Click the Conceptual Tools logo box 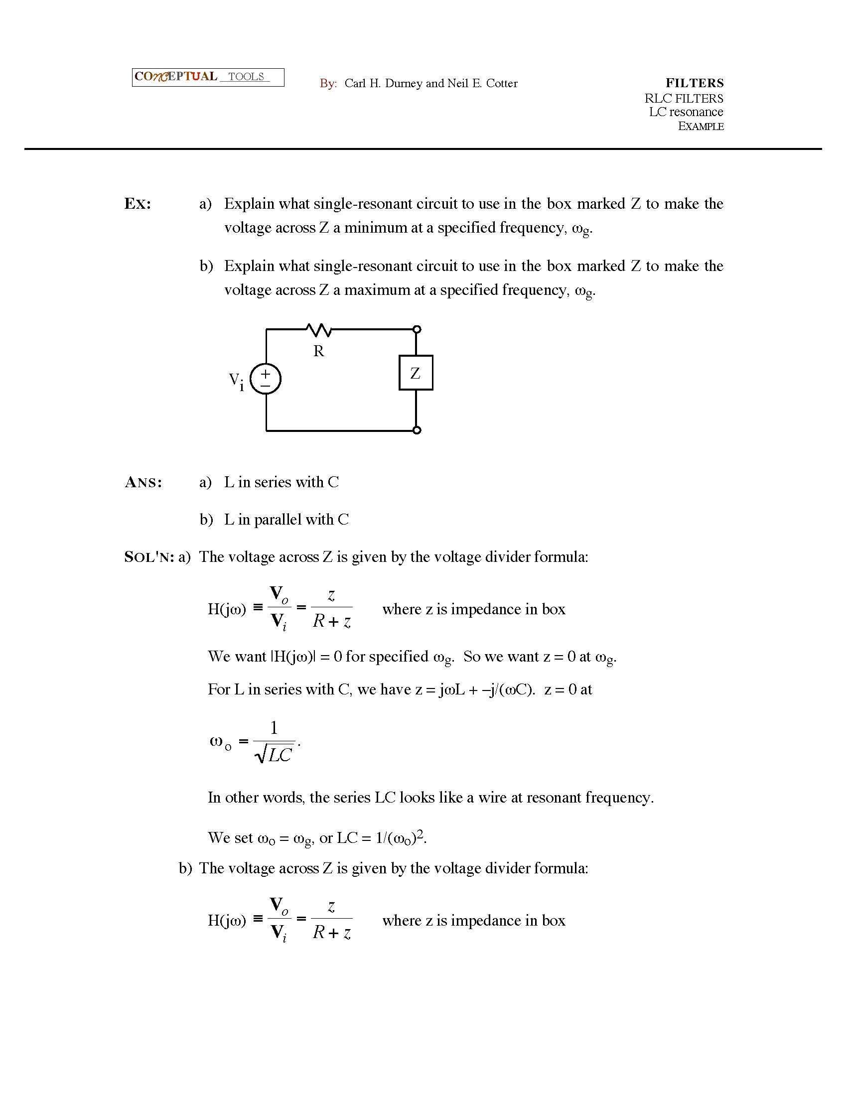pos(208,77)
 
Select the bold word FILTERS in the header pos(695,83)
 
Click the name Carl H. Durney pos(383,83)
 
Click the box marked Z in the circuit pos(416,373)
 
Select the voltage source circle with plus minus pos(266,379)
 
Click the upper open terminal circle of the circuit pos(417,329)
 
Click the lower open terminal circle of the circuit pos(417,430)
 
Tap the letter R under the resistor pos(319,351)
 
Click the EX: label pos(138,204)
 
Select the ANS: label pos(143,482)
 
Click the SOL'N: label pos(148,557)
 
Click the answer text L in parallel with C pos(286,520)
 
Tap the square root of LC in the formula pos(275,754)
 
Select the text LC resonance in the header pos(686,112)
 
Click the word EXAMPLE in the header pos(701,126)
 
